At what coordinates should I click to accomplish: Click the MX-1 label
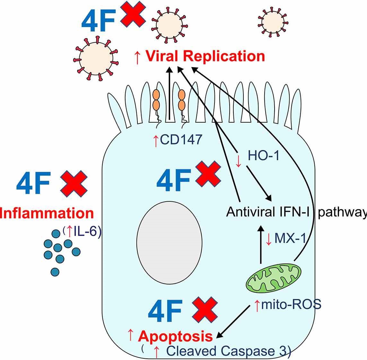coord(290,238)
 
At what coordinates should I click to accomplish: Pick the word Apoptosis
coord(175,337)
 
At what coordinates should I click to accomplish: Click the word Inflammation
coord(47,213)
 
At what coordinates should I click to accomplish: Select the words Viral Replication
coord(205,56)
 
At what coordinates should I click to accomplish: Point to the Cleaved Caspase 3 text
coord(228,351)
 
